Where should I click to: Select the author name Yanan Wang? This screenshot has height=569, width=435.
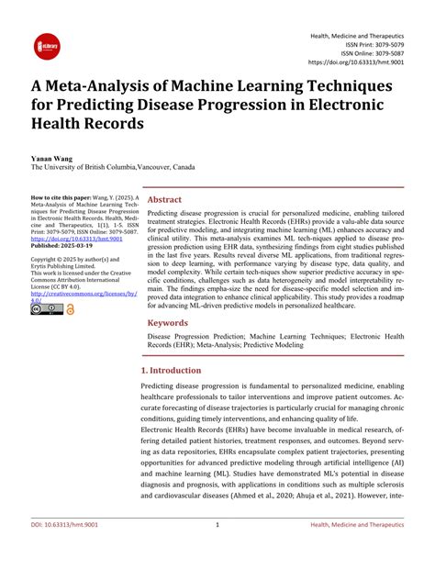pyautogui.click(x=52, y=159)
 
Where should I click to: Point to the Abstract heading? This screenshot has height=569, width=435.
pyautogui.click(x=165, y=199)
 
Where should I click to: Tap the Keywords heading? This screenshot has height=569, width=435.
pyautogui.click(x=169, y=323)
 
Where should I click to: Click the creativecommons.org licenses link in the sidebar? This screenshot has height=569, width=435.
pyautogui.click(x=84, y=293)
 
